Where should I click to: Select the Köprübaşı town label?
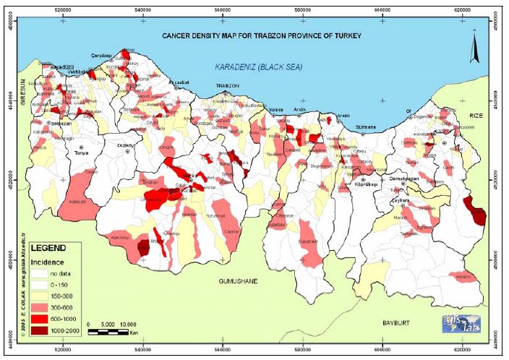tap(366, 185)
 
